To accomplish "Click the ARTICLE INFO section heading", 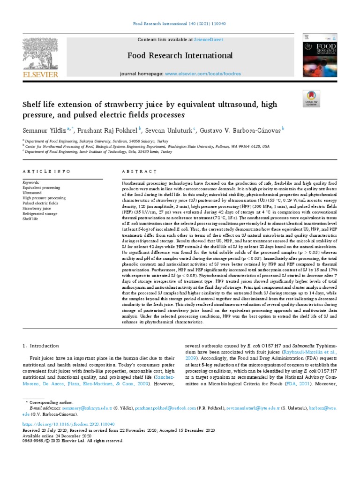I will tap(46, 172).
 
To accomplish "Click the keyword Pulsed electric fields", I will tap(40, 203).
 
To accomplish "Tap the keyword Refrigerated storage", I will tap(40, 213).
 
